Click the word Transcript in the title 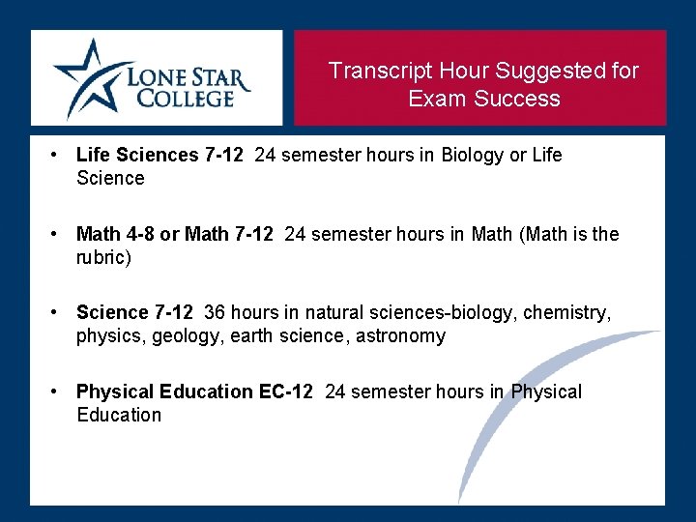pos(380,71)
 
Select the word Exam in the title pos(433,99)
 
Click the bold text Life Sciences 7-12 pos(159,155)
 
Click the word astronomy pos(400,335)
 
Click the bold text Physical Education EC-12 pos(194,391)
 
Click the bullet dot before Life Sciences pos(58,155)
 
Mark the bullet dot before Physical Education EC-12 pos(58,391)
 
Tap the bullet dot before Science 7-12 pos(58,312)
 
